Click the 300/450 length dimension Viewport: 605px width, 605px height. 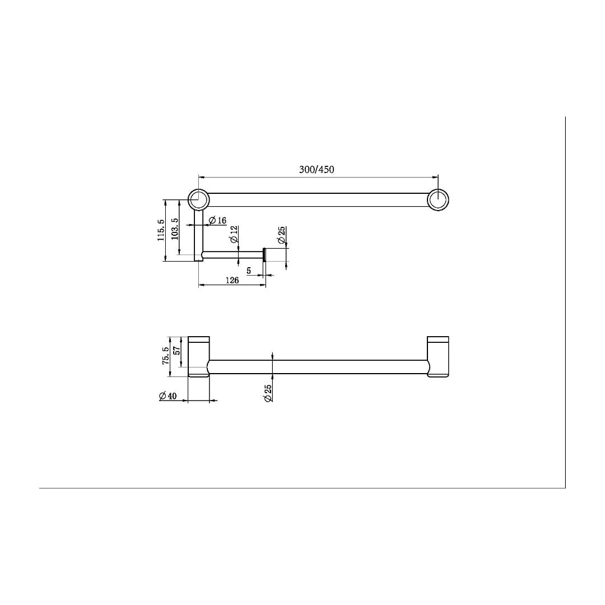pos(317,170)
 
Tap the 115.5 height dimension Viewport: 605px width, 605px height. pos(161,230)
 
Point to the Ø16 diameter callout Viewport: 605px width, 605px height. pos(217,221)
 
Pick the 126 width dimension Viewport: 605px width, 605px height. pos(232,280)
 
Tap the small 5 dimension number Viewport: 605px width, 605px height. pos(248,271)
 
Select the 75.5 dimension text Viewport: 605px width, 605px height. pos(166,356)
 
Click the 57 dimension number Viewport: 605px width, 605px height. pos(177,351)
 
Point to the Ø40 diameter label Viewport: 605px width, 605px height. pos(167,396)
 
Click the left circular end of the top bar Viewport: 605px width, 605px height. pos(198,199)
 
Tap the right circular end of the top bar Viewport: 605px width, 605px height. pos(438,200)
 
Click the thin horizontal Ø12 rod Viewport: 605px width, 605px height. pos(232,256)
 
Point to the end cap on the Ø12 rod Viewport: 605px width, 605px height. pos(264,256)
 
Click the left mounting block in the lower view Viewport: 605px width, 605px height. pos(199,357)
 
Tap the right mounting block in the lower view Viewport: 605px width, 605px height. pos(438,357)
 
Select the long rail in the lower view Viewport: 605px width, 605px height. pos(318,367)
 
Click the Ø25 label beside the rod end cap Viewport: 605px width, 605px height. pos(282,235)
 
